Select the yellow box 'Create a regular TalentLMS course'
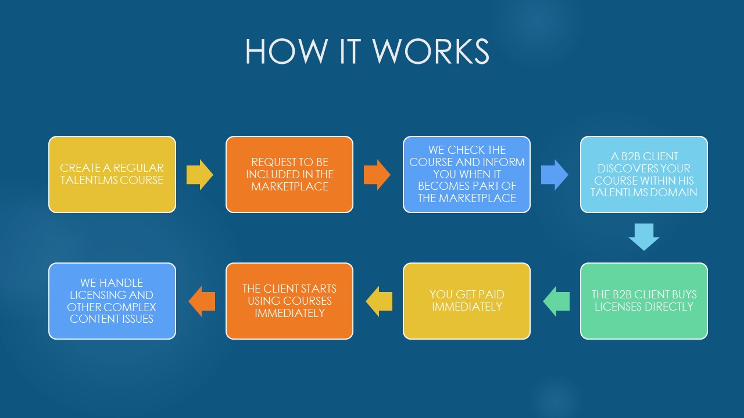point(112,174)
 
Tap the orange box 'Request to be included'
point(289,174)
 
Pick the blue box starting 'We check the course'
point(467,174)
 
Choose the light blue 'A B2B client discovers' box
point(644,174)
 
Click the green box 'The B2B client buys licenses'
point(644,301)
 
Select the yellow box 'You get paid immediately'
point(467,301)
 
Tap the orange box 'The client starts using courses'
point(289,301)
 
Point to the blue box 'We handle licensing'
point(112,301)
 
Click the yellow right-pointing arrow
point(200,175)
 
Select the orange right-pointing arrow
point(377,175)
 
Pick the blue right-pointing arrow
point(555,175)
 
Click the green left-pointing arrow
point(556,301)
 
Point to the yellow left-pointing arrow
point(379,301)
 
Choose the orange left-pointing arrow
point(202,301)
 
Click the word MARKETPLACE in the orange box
point(289,186)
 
